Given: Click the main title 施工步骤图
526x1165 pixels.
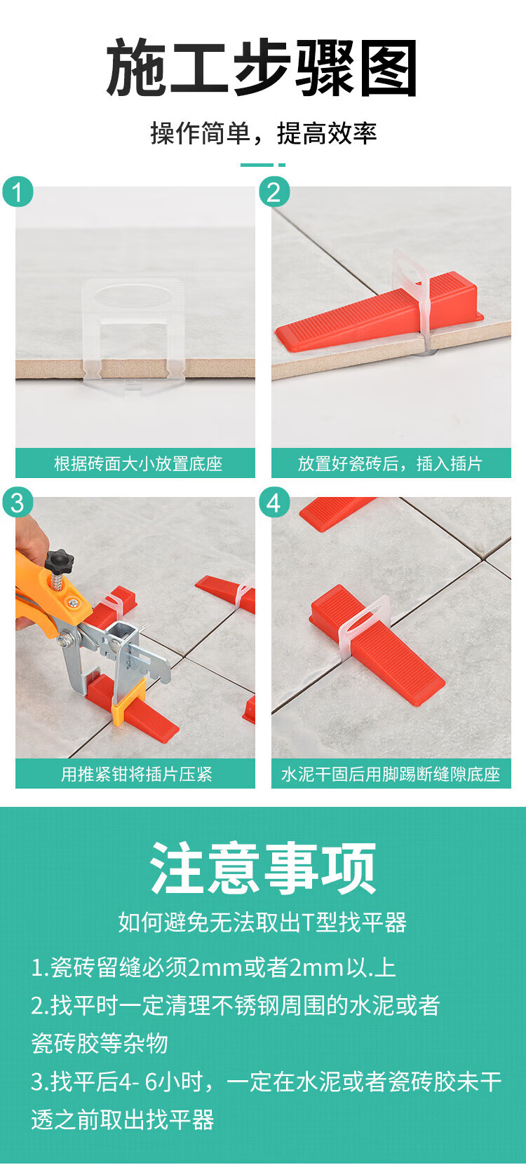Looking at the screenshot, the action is [262, 67].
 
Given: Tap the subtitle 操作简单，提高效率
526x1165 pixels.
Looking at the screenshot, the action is [263, 133].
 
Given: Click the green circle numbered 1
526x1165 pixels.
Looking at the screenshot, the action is [18, 192].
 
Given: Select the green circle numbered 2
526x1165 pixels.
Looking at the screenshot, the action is [274, 192].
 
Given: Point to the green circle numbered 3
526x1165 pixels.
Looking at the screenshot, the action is [18, 503].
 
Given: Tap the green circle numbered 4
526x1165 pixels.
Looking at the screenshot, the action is [274, 503].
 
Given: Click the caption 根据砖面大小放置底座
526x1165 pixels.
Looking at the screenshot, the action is [138, 463].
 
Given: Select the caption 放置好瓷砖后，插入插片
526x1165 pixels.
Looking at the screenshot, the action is [390, 463].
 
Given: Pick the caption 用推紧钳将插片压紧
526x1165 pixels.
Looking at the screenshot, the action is [136, 774].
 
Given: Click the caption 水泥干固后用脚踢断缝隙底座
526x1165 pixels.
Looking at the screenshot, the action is [390, 774].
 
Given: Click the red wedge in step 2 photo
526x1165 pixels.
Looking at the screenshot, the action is [379, 311].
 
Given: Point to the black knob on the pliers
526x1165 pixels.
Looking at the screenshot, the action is [59, 561].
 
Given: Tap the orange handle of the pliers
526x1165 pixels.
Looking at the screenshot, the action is [41, 593].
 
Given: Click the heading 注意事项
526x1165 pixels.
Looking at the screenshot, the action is [263, 868].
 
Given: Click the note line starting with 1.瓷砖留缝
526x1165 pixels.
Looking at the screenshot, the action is [213, 967].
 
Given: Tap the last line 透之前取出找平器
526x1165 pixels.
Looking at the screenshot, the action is [123, 1119].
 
